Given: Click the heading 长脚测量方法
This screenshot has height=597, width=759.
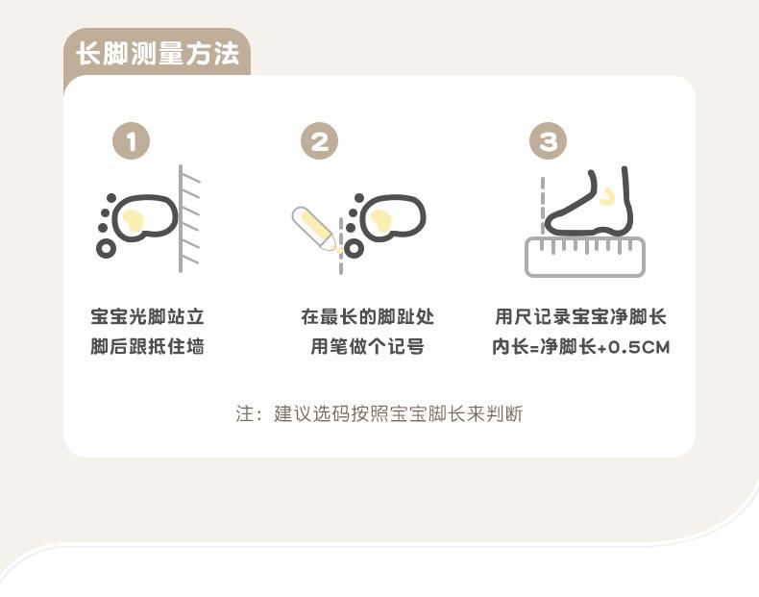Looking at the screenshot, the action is [158, 53].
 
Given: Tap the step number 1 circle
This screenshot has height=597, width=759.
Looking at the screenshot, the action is [132, 141].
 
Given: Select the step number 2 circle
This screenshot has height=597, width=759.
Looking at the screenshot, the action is [320, 141].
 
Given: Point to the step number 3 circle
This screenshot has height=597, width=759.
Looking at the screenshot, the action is [548, 141].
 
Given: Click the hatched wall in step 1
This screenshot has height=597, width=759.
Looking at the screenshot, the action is [188, 218].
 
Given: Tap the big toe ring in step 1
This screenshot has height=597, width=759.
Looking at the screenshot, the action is [106, 248].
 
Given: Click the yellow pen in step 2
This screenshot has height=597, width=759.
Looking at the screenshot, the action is [314, 229].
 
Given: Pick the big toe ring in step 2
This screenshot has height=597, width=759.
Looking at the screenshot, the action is [354, 248].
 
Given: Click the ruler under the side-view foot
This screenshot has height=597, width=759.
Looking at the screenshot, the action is [585, 257].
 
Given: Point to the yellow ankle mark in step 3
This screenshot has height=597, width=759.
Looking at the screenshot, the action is [607, 197].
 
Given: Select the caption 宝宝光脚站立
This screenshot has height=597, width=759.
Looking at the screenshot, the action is [148, 316].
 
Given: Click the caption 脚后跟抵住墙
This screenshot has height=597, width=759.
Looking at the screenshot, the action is [148, 346].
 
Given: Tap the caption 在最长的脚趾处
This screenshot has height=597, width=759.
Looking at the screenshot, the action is [367, 316].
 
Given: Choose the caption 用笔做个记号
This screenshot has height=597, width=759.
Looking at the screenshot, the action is [367, 346].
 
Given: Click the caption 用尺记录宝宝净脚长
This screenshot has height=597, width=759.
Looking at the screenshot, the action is [581, 316].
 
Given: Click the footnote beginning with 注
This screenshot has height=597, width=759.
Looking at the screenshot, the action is [379, 414].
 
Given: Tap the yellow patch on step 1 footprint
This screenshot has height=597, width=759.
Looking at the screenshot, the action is [134, 220].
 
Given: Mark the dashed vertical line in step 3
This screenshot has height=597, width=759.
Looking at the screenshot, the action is [543, 206].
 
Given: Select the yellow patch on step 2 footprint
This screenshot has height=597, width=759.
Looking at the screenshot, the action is [381, 220].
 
